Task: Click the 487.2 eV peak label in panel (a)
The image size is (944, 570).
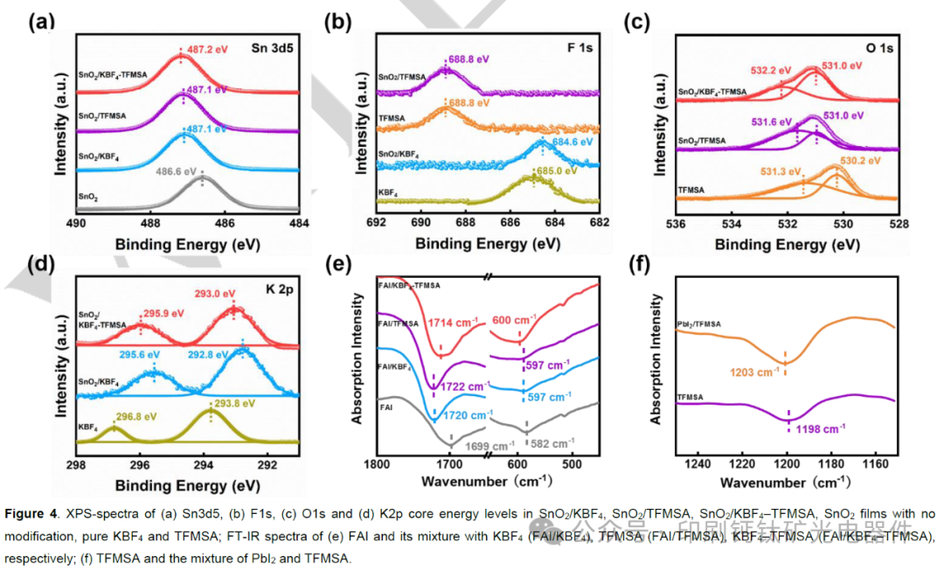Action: click(x=207, y=50)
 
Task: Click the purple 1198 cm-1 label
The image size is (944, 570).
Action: click(x=819, y=428)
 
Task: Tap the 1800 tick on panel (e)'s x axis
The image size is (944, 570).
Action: click(x=377, y=465)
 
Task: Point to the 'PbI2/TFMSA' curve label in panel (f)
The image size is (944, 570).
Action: click(x=699, y=324)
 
